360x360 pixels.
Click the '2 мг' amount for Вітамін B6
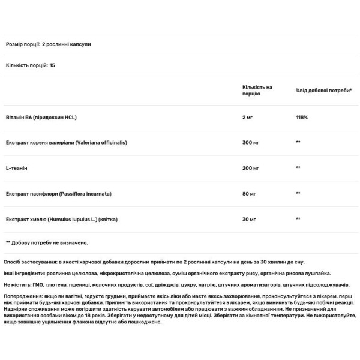(x=248, y=117)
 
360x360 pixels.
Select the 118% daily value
(x=302, y=117)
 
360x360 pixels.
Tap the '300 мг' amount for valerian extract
(x=250, y=143)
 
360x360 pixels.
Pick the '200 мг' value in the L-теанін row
(x=250, y=168)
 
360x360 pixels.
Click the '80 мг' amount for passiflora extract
(x=249, y=194)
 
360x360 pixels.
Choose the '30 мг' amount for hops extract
(x=249, y=219)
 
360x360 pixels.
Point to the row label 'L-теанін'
(x=16, y=168)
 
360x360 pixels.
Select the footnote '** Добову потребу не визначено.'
(x=47, y=242)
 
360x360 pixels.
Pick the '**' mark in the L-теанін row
(x=298, y=168)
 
